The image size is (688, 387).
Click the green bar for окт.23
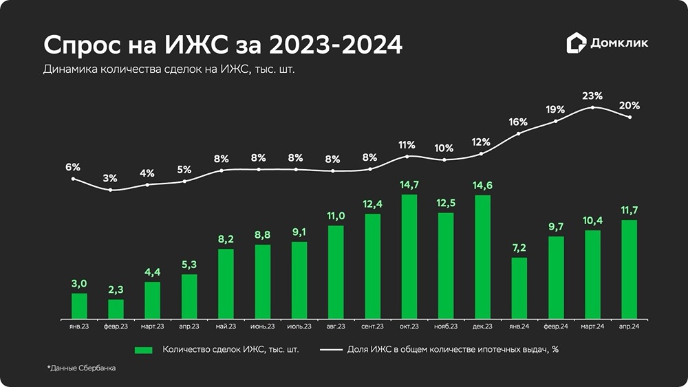click(409, 257)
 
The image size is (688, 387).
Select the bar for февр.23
click(116, 309)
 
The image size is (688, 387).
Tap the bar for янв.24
click(519, 289)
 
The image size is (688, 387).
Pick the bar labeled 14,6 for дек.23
click(483, 257)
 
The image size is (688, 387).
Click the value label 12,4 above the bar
click(372, 203)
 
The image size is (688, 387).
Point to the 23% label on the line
click(592, 96)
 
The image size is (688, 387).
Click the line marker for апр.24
click(630, 117)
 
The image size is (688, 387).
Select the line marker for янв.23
click(74, 179)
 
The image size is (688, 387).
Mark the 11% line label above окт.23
click(407, 144)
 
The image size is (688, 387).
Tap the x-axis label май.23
click(226, 327)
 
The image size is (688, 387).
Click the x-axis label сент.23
click(372, 327)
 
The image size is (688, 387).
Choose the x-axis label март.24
click(592, 327)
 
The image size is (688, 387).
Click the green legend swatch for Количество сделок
click(144, 350)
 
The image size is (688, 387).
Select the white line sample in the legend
click(332, 350)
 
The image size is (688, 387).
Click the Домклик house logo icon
click(576, 43)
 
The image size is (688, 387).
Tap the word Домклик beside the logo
click(619, 43)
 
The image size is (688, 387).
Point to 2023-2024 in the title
click(336, 45)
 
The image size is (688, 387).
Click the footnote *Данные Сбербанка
click(82, 368)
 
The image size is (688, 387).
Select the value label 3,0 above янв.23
click(79, 284)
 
